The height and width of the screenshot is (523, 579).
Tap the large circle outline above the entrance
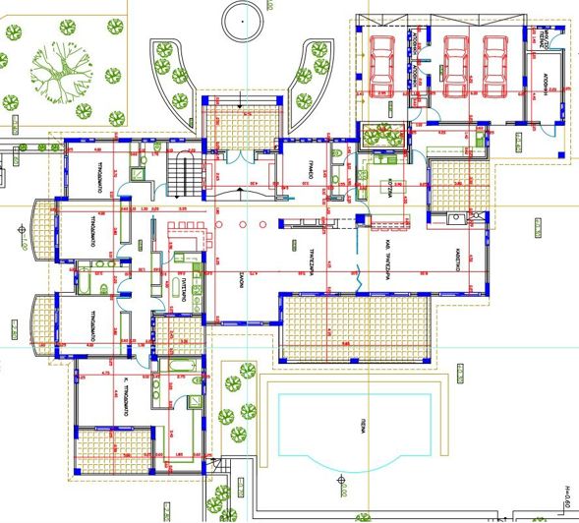click(243, 18)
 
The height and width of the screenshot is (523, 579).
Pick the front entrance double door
click(239, 155)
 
